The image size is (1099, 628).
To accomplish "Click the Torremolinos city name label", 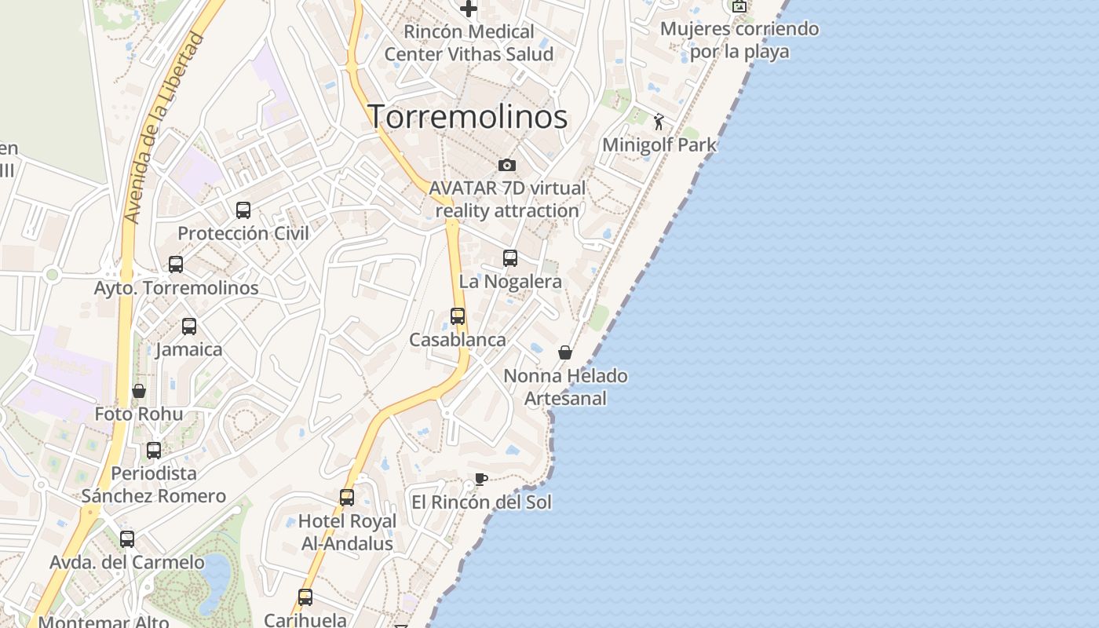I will coord(468,117).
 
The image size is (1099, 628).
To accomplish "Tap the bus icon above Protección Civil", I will coord(243,210).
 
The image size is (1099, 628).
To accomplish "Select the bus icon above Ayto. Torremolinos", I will coord(176,265).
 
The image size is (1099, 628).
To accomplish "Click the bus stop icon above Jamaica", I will coord(189,327).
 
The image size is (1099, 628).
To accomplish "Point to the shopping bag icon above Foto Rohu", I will coord(139,391).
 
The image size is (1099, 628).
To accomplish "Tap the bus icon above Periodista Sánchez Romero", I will coord(154,451).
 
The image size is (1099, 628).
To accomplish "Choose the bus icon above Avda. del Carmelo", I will coord(127,539).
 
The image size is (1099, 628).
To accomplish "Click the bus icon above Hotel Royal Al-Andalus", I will coord(347,497).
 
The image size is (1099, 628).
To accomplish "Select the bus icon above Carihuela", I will coord(305,597).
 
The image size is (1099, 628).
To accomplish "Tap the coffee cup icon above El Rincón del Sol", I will coord(481,479).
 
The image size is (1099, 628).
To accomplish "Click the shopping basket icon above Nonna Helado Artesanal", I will coord(565,352).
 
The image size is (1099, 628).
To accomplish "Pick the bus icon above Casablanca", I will coord(458,316).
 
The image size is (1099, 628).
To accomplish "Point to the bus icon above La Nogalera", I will coord(510,258).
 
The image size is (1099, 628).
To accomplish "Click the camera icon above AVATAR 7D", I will coord(507,165).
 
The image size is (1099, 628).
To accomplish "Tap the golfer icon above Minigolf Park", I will coord(659,122).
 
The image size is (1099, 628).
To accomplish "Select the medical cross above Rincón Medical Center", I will coord(469,9).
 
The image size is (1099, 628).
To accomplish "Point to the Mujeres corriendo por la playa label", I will coord(739,40).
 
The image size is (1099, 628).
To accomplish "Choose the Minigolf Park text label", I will coord(659,145).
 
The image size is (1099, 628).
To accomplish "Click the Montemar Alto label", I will coord(104,622).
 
